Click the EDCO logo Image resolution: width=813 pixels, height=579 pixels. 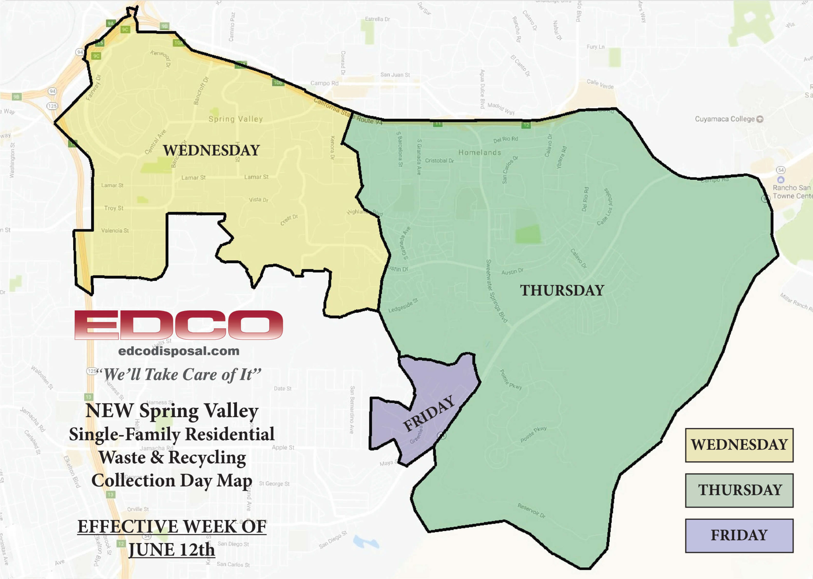[178, 324]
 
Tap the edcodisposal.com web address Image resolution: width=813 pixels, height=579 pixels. [179, 351]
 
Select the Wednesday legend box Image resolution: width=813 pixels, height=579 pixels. [739, 445]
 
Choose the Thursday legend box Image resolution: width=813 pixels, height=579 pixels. [739, 490]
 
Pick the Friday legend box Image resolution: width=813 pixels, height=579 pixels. [739, 536]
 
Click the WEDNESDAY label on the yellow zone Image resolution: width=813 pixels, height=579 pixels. [211, 150]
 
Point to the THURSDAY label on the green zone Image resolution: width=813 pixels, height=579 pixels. [562, 290]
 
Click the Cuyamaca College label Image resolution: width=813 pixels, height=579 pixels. [725, 119]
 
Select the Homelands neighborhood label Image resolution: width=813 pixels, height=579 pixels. [480, 153]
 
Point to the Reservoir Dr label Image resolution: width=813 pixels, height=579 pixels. [531, 510]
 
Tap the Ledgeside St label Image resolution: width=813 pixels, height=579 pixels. [403, 306]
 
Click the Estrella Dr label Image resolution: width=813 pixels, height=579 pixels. [377, 19]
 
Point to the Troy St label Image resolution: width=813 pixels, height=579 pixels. [114, 208]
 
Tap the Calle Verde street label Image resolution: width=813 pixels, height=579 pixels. [600, 84]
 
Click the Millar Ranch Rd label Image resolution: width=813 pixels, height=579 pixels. [796, 302]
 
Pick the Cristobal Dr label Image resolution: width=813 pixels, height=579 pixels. [439, 161]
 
